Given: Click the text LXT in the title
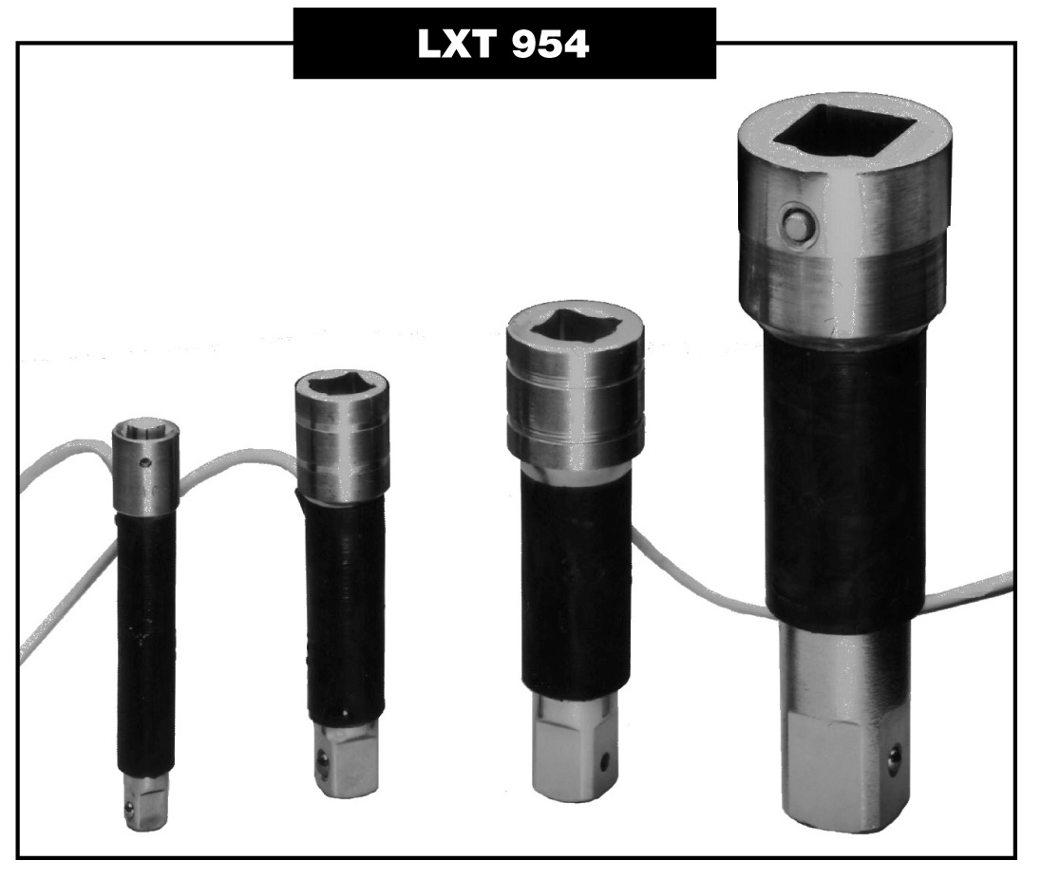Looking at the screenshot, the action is pos(457,44).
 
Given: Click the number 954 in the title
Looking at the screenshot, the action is pos(550,45).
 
